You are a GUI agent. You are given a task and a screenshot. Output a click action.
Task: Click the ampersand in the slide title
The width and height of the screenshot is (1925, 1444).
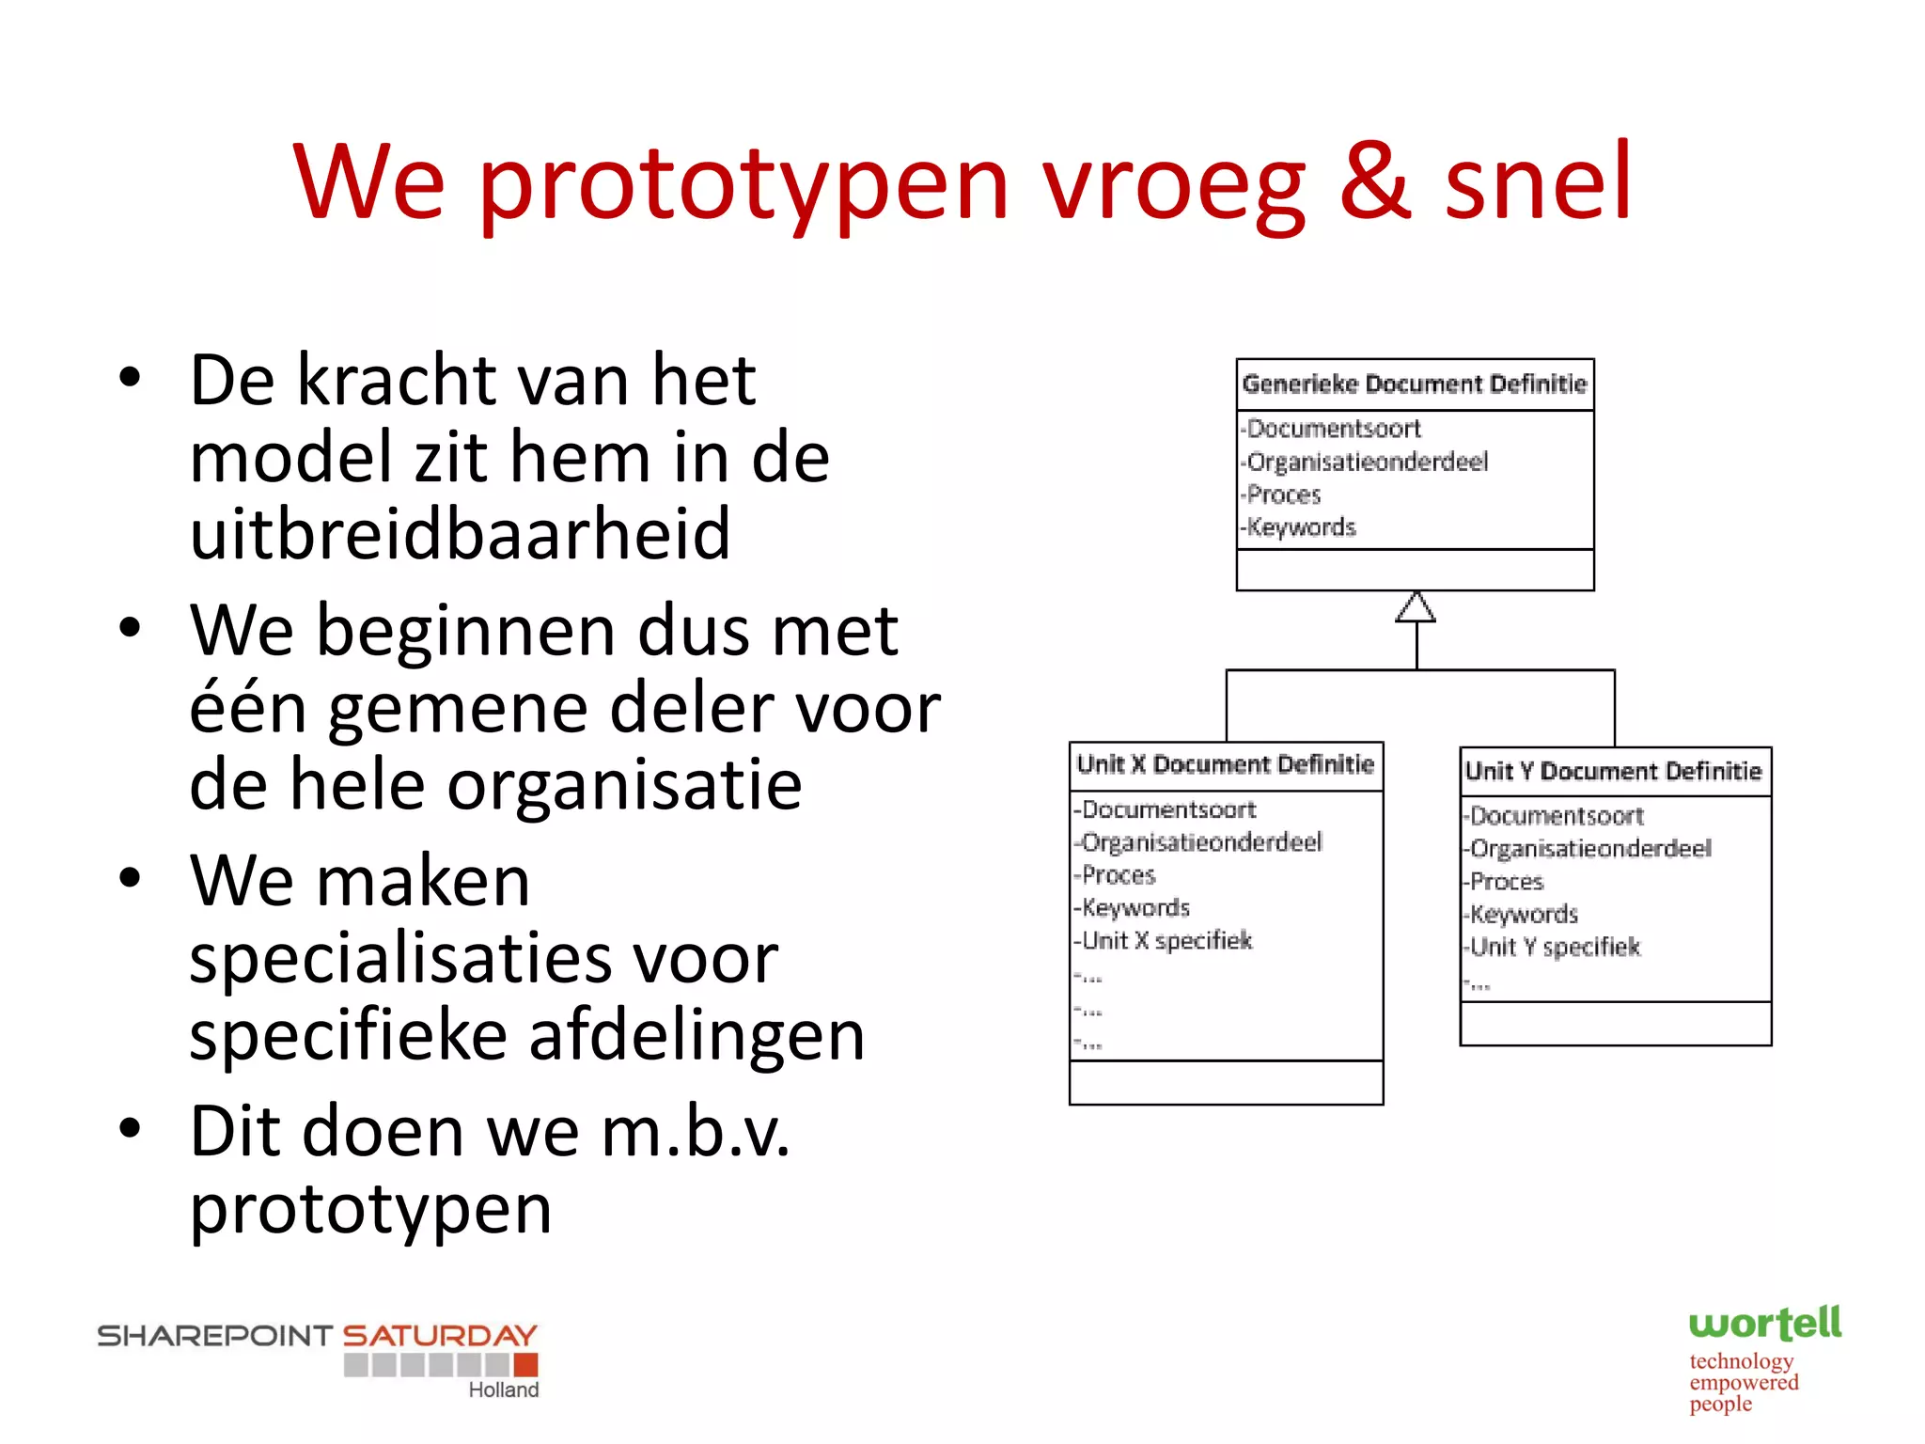1374,180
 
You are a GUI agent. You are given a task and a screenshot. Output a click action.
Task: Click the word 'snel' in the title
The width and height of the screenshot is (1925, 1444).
1538,180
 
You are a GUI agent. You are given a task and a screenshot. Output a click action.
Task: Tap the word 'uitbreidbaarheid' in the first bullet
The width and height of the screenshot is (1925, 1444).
460,533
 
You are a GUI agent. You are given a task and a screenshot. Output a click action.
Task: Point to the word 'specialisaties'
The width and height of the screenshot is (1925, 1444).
483,958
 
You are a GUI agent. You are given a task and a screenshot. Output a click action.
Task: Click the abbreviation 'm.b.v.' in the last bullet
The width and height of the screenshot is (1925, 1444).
696,1131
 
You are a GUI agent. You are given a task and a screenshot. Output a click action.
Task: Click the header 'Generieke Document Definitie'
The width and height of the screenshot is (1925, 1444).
1415,385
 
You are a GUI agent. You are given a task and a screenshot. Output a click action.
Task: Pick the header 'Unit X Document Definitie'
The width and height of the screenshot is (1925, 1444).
1226,764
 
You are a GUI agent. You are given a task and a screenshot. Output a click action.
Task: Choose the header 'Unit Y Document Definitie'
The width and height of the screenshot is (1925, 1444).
1614,772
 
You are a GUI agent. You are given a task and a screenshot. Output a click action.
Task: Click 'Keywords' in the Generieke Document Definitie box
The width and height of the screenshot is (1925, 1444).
1302,527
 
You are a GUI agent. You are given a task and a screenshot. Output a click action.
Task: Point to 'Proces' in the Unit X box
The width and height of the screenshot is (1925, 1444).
1119,875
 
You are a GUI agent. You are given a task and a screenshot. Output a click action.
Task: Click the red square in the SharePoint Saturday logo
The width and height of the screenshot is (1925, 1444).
525,1364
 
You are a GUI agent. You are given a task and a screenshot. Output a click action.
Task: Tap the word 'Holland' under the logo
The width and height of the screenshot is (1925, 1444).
504,1390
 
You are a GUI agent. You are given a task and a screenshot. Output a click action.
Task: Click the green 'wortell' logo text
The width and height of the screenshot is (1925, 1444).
1765,1324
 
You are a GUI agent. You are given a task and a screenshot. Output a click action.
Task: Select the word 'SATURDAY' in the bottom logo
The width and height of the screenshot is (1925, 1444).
440,1335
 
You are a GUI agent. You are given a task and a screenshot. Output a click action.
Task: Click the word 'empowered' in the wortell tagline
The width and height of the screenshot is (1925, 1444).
1744,1383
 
